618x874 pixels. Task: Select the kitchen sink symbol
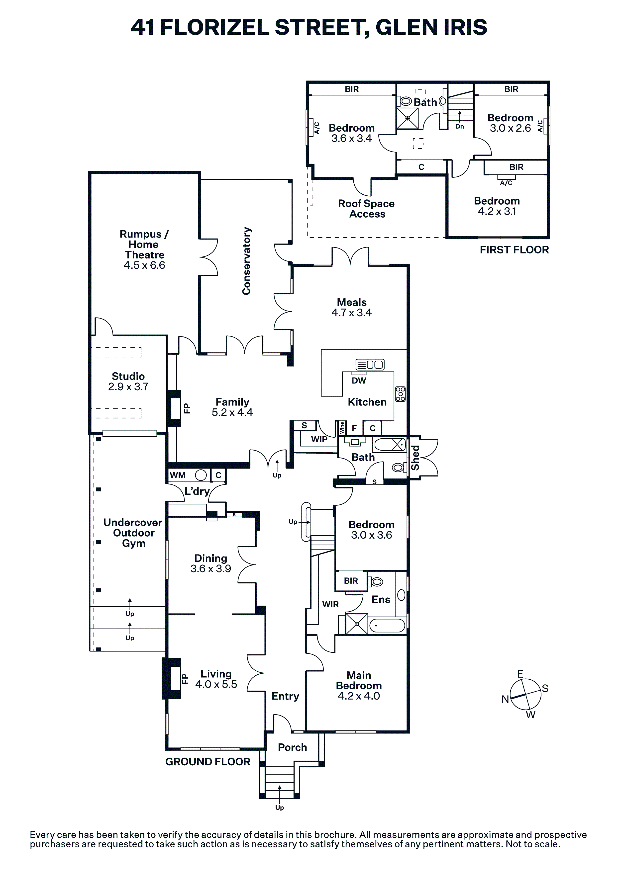tap(370, 364)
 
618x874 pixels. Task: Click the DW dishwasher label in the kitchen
tap(359, 380)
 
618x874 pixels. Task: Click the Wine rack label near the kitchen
tap(342, 428)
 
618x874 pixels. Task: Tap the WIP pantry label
tap(319, 439)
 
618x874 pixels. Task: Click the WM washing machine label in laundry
tap(178, 475)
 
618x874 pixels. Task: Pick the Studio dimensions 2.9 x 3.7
tap(128, 387)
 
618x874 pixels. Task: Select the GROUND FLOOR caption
tap(208, 762)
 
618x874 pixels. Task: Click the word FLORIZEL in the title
tap(214, 27)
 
